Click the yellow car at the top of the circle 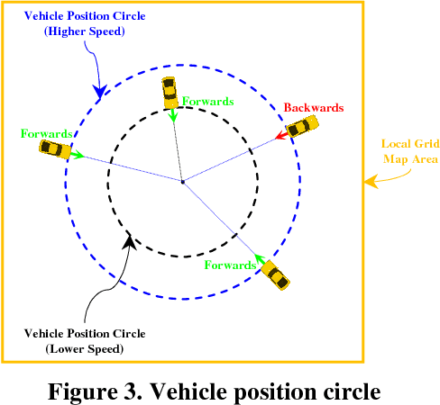169,91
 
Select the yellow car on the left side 54,148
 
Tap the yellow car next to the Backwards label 304,127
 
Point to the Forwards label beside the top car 208,102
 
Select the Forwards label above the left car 45,133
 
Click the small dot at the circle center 183,182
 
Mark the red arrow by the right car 283,136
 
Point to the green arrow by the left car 78,155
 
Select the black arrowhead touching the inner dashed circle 131,239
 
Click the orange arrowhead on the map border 370,183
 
